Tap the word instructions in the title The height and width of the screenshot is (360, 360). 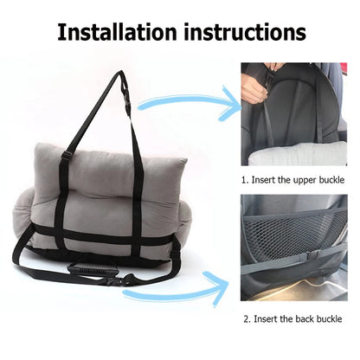[x=243, y=32]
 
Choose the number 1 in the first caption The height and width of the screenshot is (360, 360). [x=244, y=181]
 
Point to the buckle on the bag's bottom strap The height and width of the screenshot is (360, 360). [x=138, y=278]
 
